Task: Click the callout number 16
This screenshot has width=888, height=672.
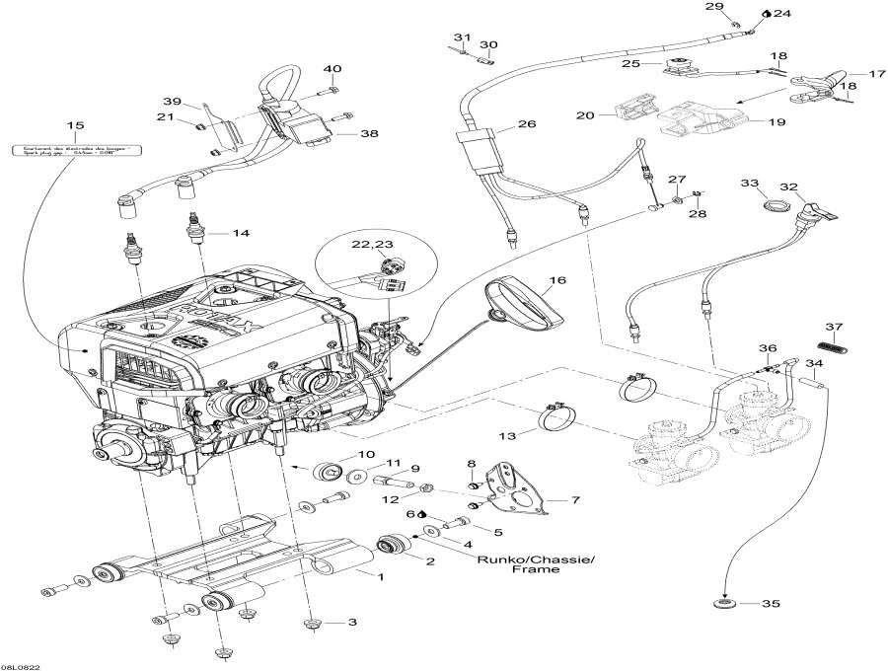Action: tap(558, 281)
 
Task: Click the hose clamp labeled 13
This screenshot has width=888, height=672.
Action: tap(557, 419)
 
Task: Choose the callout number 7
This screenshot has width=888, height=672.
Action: tap(575, 500)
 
